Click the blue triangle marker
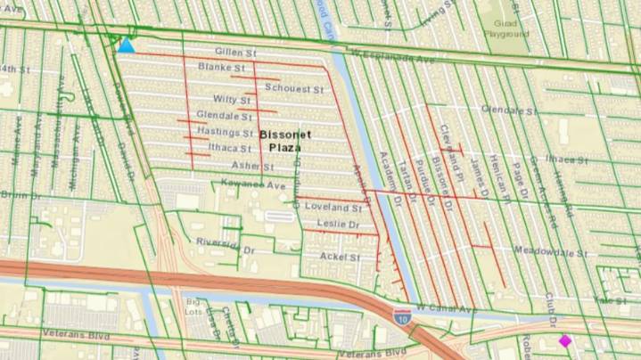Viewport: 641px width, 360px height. coord(126,45)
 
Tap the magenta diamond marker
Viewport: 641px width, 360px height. coord(564,340)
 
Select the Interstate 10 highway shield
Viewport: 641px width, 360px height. coord(402,315)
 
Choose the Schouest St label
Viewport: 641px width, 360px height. coord(293,90)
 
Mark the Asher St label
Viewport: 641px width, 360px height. coord(247,166)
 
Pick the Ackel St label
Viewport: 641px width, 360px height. coord(339,257)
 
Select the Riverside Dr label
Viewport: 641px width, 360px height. coord(219,245)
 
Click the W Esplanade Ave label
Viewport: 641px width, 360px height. coord(393,57)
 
